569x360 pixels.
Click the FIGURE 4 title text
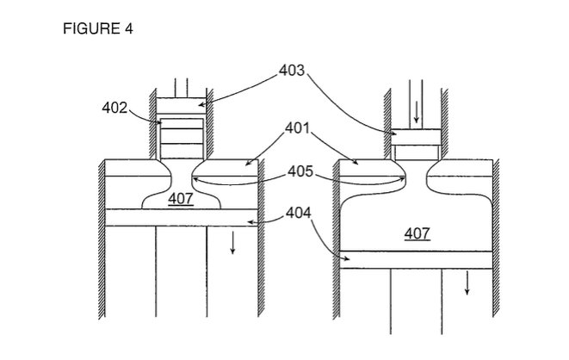98,28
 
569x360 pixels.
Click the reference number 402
114,108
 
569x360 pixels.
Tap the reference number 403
292,70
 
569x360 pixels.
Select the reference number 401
298,127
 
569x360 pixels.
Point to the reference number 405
300,171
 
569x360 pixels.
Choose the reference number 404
299,213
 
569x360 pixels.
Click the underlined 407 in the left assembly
181,198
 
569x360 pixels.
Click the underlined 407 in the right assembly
417,233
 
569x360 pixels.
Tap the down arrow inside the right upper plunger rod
417,112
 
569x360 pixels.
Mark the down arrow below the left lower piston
233,242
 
